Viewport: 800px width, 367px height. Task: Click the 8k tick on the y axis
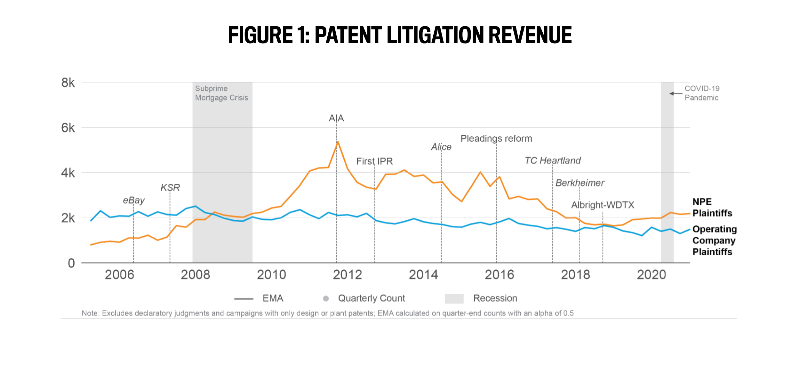[x=68, y=83]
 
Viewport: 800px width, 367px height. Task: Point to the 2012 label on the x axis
[x=347, y=275]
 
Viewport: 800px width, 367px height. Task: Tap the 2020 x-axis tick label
[x=651, y=275]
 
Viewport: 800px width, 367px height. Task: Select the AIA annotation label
[x=336, y=118]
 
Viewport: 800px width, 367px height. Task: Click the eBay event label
[x=134, y=200]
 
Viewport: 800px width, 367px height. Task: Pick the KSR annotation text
[x=170, y=188]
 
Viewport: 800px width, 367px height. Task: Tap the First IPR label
[x=374, y=161]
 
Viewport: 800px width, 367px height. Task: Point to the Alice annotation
[x=441, y=147]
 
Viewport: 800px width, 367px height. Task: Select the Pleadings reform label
[x=496, y=139]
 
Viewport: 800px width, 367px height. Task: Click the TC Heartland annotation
[x=553, y=160]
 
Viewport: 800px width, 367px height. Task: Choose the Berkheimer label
[x=580, y=183]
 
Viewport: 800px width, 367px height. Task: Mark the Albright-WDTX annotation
[x=603, y=205]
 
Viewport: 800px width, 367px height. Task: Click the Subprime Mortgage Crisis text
[x=221, y=93]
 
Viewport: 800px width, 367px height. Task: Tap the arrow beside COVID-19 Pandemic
[x=676, y=94]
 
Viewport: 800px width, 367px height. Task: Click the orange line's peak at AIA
[x=338, y=142]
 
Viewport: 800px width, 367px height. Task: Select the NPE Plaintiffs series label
[x=712, y=208]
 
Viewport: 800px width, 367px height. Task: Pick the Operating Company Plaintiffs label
[x=714, y=241]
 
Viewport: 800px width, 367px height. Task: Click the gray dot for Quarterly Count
[x=326, y=298]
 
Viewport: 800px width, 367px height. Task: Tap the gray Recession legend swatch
[x=454, y=298]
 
